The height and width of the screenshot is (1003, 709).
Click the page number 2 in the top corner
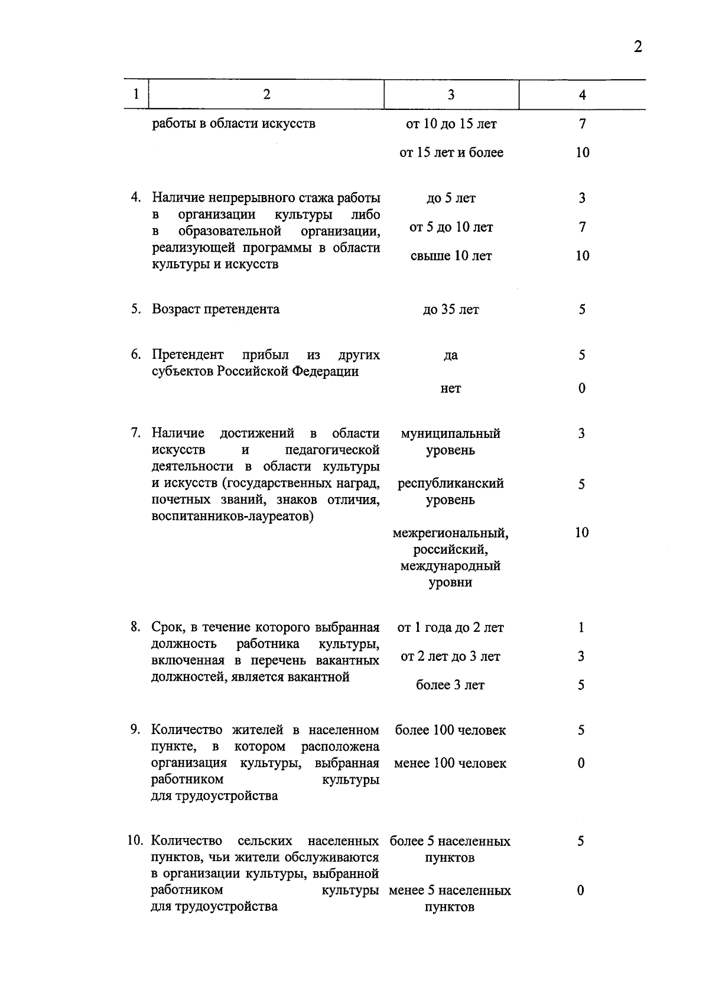click(638, 47)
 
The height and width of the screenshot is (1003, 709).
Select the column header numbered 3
click(451, 95)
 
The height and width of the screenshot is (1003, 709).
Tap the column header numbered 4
click(582, 95)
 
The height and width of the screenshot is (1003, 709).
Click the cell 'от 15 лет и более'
click(451, 152)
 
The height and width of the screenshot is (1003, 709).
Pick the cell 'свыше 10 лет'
click(451, 256)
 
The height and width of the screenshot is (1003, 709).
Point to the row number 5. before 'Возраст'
click(136, 309)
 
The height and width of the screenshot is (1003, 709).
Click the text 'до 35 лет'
click(451, 310)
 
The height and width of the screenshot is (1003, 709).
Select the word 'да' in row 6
click(450, 356)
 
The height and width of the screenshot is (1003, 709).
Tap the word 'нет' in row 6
click(451, 389)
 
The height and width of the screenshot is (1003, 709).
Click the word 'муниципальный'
click(450, 434)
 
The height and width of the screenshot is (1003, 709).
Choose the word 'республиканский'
click(451, 483)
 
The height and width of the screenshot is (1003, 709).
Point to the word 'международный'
click(450, 566)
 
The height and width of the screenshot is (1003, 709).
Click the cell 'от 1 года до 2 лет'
click(451, 628)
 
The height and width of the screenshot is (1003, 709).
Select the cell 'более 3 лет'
click(450, 686)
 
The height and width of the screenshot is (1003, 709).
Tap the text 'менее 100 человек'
click(450, 764)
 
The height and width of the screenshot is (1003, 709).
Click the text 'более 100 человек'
click(450, 731)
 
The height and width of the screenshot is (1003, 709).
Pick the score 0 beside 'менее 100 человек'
click(581, 764)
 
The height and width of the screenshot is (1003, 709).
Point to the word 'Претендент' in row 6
click(188, 355)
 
